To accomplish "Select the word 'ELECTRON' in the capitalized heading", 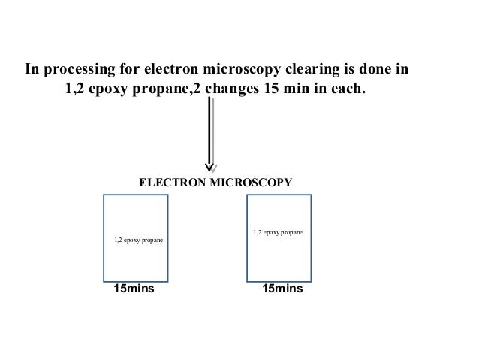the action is pyautogui.click(x=170, y=183).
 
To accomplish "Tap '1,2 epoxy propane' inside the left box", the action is pyautogui.click(x=140, y=241).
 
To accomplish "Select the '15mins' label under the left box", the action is pyautogui.click(x=133, y=288).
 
